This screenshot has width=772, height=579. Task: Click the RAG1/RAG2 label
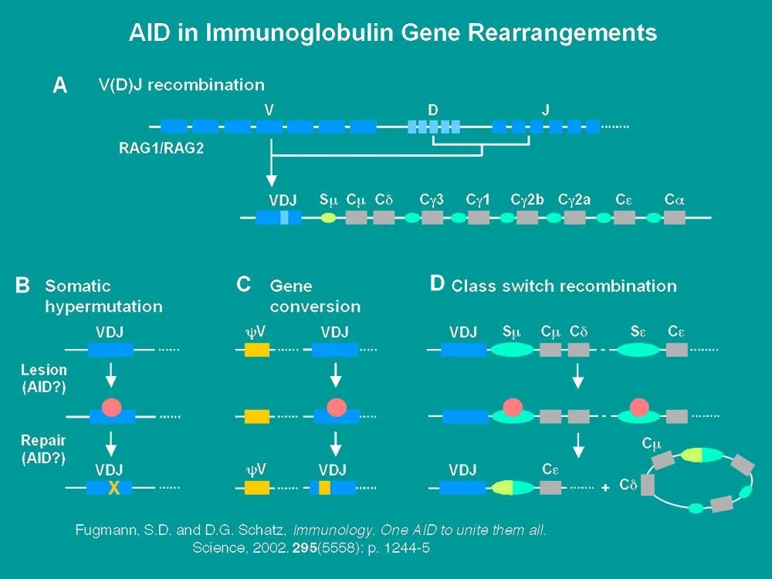click(161, 149)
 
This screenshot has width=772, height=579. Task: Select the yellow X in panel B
click(114, 487)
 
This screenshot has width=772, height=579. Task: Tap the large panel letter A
click(59, 86)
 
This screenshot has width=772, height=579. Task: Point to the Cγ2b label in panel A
click(527, 199)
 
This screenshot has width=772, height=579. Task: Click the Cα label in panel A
click(675, 199)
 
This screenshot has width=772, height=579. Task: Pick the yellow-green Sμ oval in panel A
click(328, 218)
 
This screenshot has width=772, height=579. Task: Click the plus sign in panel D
click(605, 487)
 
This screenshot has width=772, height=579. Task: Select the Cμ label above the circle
click(652, 445)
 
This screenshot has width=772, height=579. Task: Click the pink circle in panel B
click(111, 407)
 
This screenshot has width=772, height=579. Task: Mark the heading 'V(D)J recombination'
click(181, 85)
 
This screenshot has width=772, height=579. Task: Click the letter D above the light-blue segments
click(433, 110)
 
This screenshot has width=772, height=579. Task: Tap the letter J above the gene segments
click(545, 110)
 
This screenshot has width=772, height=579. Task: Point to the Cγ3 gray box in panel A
click(432, 218)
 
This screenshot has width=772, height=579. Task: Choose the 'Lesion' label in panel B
click(44, 371)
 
